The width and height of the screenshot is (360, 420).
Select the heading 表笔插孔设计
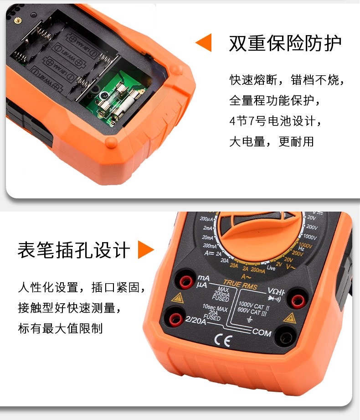[74, 250]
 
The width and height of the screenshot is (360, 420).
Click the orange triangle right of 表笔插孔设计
[146, 250]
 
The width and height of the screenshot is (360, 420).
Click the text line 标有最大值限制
[60, 328]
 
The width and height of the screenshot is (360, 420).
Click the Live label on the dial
[272, 267]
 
